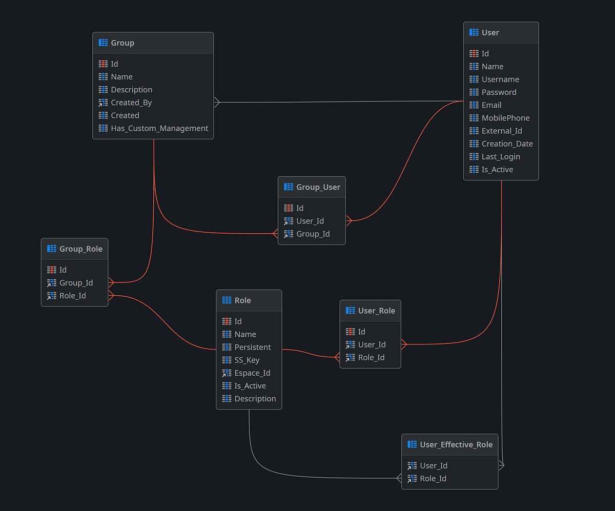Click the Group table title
tap(122, 43)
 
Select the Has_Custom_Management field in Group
tap(159, 129)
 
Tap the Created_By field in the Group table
tap(131, 103)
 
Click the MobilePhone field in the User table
tap(505, 118)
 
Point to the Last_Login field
tap(501, 157)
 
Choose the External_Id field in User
tap(502, 131)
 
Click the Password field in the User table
tap(499, 92)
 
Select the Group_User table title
tap(318, 187)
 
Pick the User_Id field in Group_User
tap(310, 221)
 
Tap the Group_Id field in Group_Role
tap(76, 283)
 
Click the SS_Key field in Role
tap(247, 360)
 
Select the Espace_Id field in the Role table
tap(252, 373)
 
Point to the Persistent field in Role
tap(253, 348)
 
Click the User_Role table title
tap(376, 311)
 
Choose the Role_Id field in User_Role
tap(371, 358)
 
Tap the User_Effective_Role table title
tap(456, 445)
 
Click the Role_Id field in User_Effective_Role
tap(433, 479)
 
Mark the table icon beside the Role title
tap(227, 300)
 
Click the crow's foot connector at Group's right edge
tap(217, 103)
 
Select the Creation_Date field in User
tap(507, 144)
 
